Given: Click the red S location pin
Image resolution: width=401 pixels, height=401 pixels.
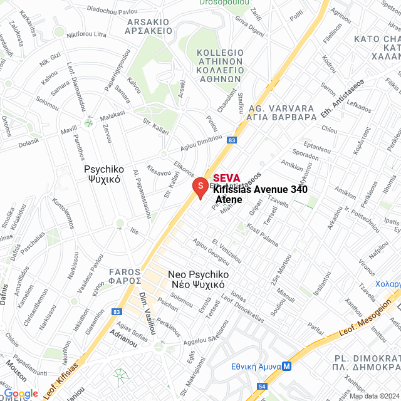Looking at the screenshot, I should click(199, 187).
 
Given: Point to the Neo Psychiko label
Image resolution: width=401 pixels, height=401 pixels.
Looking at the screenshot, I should click(197, 279).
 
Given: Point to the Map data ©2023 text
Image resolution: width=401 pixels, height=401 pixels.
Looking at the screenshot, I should click(374, 395).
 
